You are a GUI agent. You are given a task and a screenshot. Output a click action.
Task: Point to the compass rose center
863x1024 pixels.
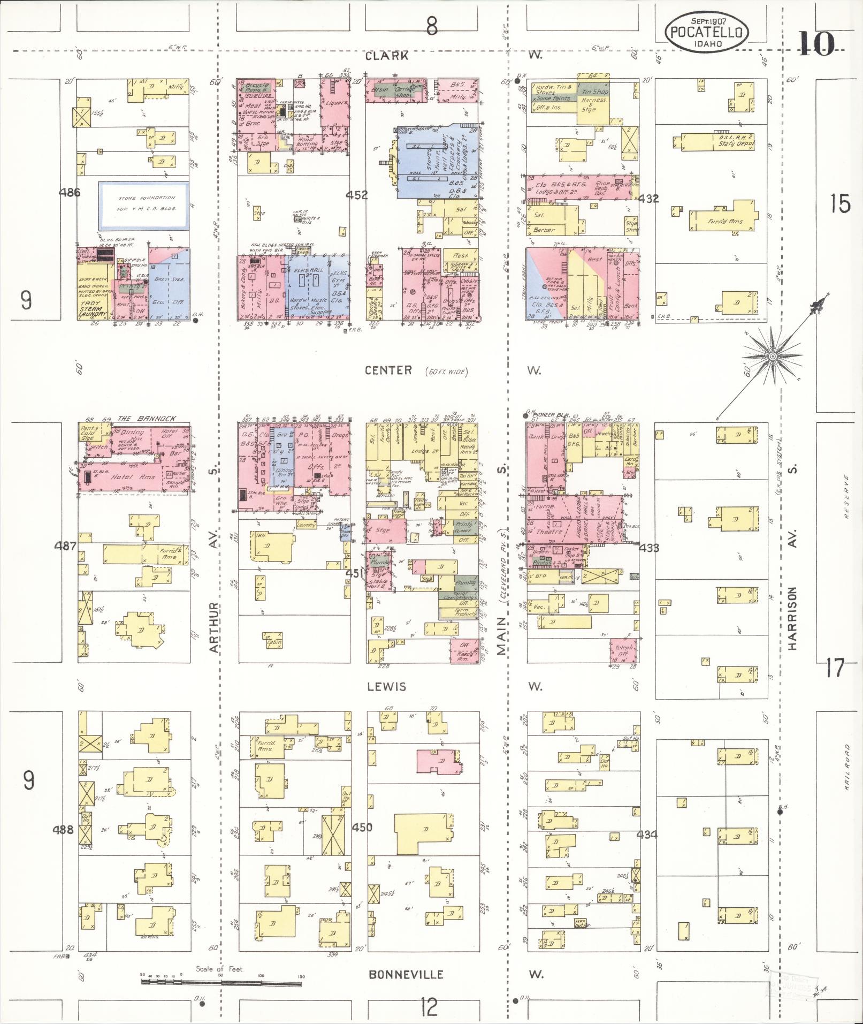(x=772, y=356)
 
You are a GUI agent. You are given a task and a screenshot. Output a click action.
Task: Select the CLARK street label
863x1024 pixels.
(x=388, y=56)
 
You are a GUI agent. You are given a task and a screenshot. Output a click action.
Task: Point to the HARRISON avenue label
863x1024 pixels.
(x=792, y=618)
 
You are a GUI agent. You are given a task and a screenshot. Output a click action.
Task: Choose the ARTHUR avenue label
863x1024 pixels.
(x=215, y=628)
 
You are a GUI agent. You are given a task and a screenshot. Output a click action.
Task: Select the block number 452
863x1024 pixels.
(x=356, y=195)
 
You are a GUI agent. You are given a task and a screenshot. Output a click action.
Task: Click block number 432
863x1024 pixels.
(x=648, y=199)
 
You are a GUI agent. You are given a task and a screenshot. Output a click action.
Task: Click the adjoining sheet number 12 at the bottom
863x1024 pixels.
(x=429, y=1008)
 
